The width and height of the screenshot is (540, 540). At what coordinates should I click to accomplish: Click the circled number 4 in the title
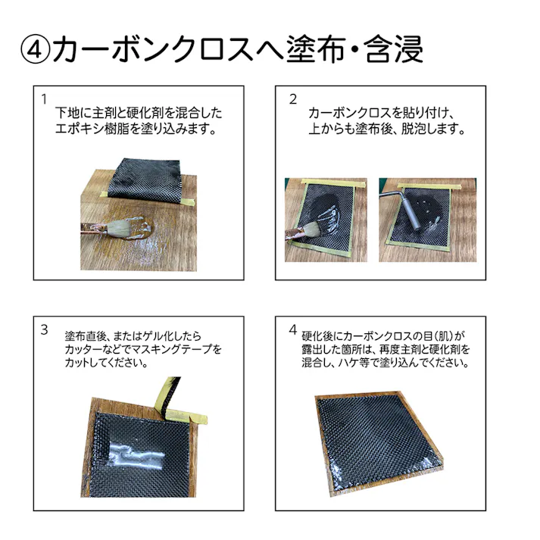click(x=35, y=50)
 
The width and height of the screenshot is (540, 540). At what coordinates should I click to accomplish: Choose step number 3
click(x=45, y=329)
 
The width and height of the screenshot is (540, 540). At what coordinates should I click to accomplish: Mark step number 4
click(x=293, y=329)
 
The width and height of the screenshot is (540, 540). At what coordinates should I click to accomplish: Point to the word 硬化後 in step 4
click(x=317, y=335)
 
